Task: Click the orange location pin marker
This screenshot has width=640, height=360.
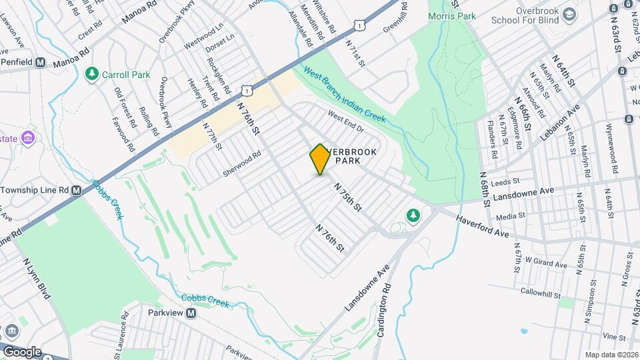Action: point(320,159)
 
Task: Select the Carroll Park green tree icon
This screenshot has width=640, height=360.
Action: point(92,75)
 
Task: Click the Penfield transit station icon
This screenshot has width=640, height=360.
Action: point(40,62)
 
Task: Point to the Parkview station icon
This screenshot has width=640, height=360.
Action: point(191,313)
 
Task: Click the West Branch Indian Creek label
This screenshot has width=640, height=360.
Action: point(345,94)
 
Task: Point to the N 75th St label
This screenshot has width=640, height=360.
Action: point(347,198)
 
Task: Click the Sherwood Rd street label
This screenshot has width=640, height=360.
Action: point(242,163)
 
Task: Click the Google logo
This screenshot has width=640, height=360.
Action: point(21,351)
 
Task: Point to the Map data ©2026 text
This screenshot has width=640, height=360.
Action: point(611,355)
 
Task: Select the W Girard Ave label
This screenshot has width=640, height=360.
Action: point(545,263)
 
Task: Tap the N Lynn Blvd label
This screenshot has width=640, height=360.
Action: point(37,279)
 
